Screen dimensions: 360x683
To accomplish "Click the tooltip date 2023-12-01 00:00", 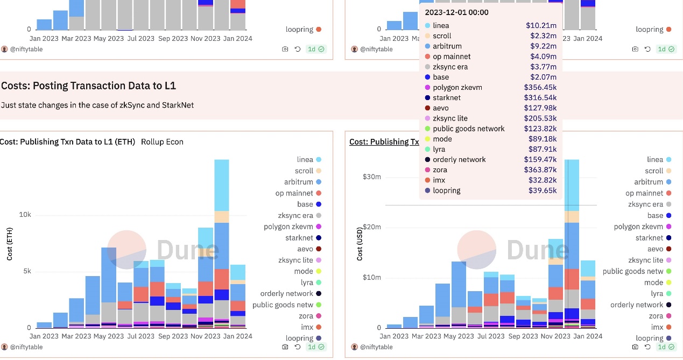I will click(x=456, y=12).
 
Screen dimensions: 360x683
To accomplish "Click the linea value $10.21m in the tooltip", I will click(x=541, y=25).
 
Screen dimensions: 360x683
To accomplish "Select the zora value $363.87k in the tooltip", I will click(x=540, y=170).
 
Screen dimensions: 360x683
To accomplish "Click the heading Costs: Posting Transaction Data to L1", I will click(x=88, y=86).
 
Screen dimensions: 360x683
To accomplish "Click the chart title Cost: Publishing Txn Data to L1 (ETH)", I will click(x=67, y=142).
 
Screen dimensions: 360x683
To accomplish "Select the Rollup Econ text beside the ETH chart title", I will click(x=162, y=142).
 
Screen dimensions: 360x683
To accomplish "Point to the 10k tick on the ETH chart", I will click(x=25, y=215).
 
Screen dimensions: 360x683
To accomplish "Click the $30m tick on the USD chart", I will click(x=371, y=177).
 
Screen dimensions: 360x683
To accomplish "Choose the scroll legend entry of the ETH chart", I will click(x=304, y=171).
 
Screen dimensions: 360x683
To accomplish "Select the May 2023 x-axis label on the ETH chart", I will click(x=108, y=336).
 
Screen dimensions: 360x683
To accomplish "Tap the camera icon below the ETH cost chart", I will click(x=285, y=347).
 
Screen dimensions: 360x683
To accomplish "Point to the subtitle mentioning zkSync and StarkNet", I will click(x=97, y=105).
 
